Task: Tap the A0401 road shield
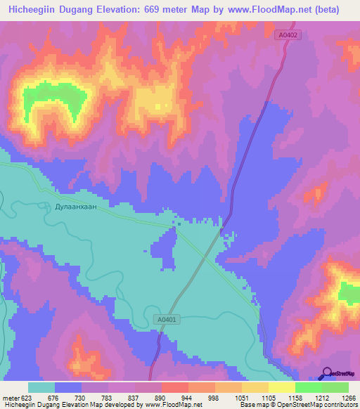pyautogui.click(x=165, y=320)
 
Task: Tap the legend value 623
pyautogui.click(x=24, y=398)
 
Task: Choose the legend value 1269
pyautogui.click(x=348, y=398)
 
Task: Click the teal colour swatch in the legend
pyautogui.click(x=41, y=387)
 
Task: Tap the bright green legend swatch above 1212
pyautogui.click(x=308, y=387)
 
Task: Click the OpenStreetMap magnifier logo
pyautogui.click(x=326, y=373)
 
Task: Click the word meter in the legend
pyautogui.click(x=10, y=398)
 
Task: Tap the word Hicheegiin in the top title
pyautogui.click(x=36, y=10)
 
